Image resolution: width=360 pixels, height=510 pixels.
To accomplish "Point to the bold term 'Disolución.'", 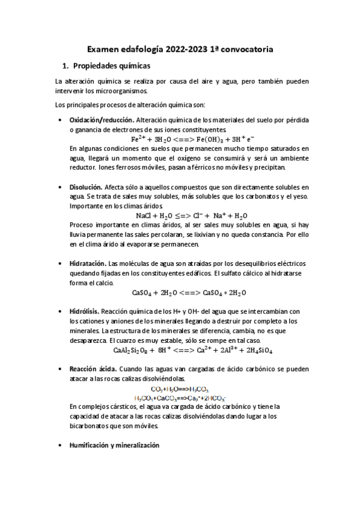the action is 86,188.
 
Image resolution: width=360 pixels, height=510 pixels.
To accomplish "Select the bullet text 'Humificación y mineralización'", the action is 114,446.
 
